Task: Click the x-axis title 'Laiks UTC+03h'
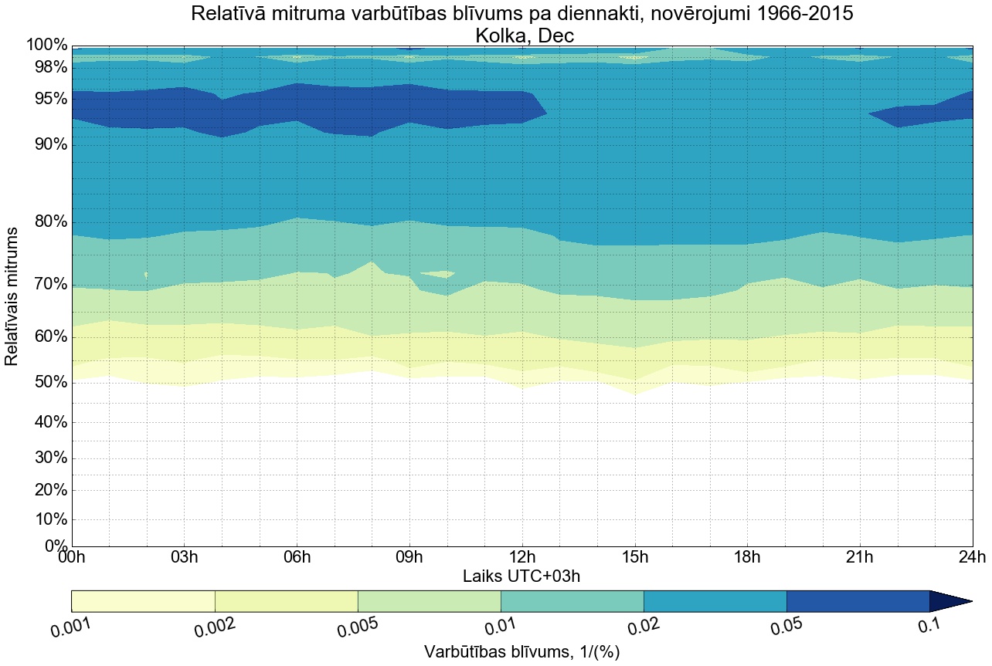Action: point(521,576)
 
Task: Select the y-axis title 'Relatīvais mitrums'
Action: point(12,297)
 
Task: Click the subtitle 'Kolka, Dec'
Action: point(521,35)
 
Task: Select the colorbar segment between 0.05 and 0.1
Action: point(858,601)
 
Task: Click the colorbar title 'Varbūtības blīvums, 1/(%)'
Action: point(521,652)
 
